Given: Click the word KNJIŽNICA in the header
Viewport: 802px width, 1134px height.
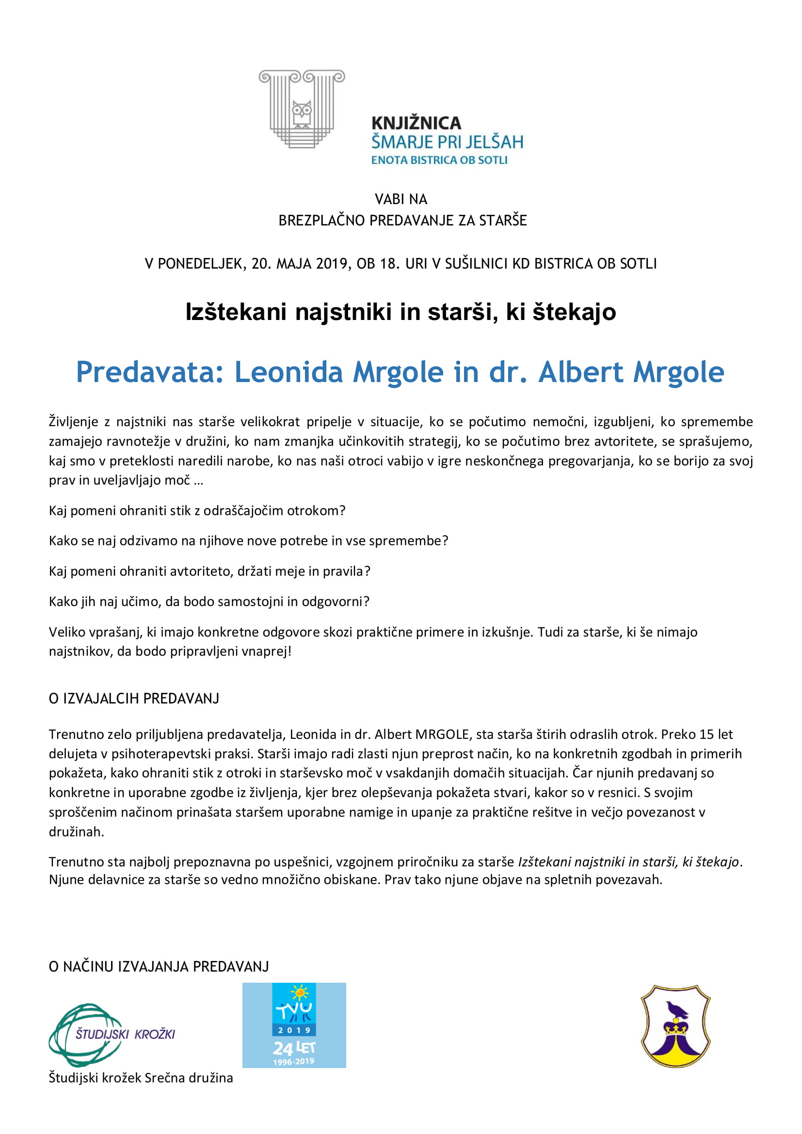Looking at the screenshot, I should tap(416, 123).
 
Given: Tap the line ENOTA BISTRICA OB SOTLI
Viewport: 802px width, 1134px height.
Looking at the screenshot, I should tap(439, 160).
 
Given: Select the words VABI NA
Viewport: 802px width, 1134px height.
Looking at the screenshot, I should tap(401, 199).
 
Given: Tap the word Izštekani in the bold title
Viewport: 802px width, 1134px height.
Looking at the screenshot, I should tap(236, 312).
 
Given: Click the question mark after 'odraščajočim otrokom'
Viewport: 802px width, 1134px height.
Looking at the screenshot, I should tap(342, 510).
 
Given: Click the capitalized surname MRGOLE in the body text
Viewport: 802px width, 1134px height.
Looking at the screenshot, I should tap(442, 735).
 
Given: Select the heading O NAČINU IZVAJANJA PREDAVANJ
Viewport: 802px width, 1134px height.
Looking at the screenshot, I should tap(159, 967).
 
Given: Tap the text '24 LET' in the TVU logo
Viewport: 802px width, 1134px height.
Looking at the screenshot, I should tap(294, 1048).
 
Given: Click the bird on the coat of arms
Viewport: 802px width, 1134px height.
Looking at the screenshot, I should tap(676, 1009).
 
